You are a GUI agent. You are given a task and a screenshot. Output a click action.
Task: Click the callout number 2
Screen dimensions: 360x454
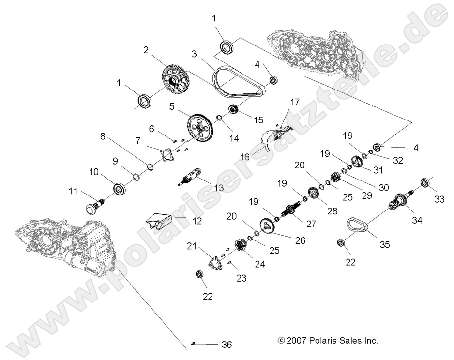146,50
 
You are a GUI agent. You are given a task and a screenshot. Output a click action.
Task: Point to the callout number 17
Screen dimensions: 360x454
295,102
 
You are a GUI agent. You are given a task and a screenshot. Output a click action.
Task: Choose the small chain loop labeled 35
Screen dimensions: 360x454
357,225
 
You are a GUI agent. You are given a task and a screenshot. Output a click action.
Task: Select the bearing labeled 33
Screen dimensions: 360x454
425,183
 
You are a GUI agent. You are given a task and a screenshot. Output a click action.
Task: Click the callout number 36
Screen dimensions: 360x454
226,345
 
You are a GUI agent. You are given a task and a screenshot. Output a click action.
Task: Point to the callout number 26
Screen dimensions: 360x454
301,240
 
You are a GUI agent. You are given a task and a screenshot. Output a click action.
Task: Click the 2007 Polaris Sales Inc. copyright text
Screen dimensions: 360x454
328,341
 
